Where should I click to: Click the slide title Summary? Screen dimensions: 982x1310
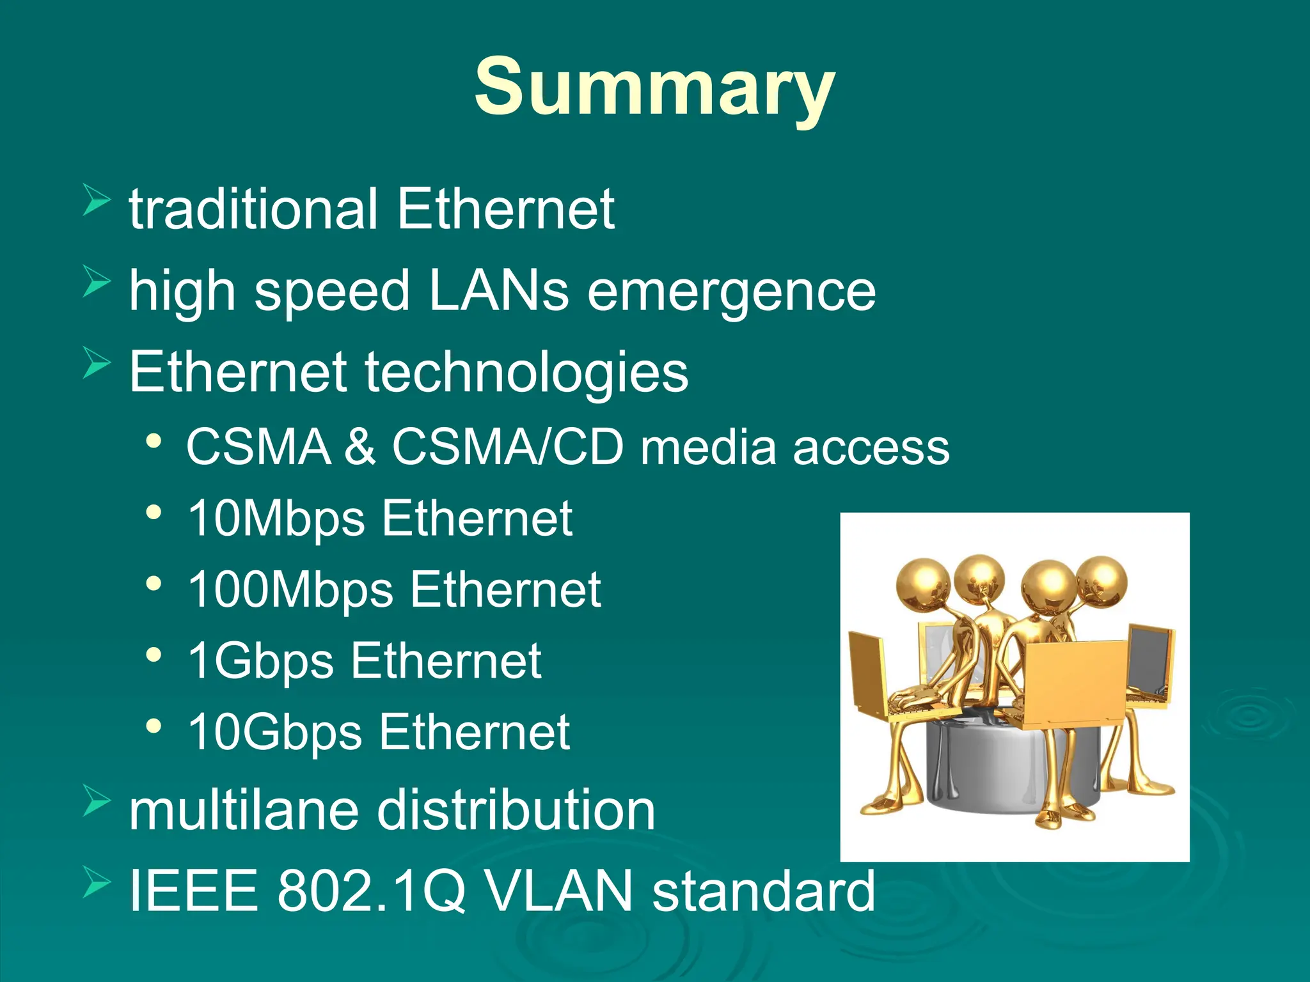654,88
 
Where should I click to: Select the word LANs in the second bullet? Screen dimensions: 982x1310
498,291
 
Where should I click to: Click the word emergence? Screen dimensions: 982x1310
731,291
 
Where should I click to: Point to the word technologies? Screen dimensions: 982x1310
526,373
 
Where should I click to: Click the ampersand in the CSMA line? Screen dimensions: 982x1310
360,446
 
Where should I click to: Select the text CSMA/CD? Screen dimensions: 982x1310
507,446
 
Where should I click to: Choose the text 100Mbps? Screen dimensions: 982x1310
290,589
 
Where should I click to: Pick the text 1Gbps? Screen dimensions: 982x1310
260,661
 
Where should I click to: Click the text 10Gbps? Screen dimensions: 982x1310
275,732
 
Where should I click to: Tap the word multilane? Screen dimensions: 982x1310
243,811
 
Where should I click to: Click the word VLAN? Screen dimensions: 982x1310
557,891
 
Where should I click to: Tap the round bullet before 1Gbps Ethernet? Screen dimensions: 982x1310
154,655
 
